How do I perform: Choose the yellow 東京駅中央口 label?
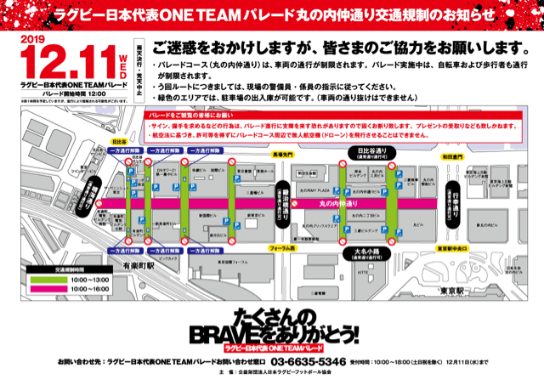[x=449, y=247]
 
